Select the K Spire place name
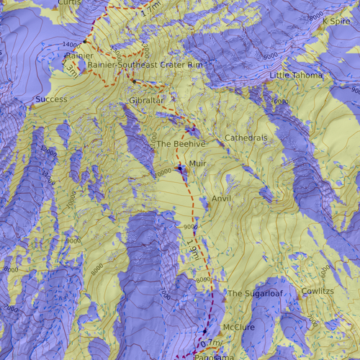[335, 21]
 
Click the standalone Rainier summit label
[79, 55]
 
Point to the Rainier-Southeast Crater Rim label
[145, 66]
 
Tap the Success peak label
[51, 99]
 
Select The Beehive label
[181, 144]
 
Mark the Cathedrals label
[246, 138]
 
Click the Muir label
[197, 164]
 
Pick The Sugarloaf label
[255, 294]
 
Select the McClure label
[239, 328]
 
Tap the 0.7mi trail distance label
[211, 343]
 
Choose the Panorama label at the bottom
[214, 356]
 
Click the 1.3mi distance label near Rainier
[71, 68]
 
